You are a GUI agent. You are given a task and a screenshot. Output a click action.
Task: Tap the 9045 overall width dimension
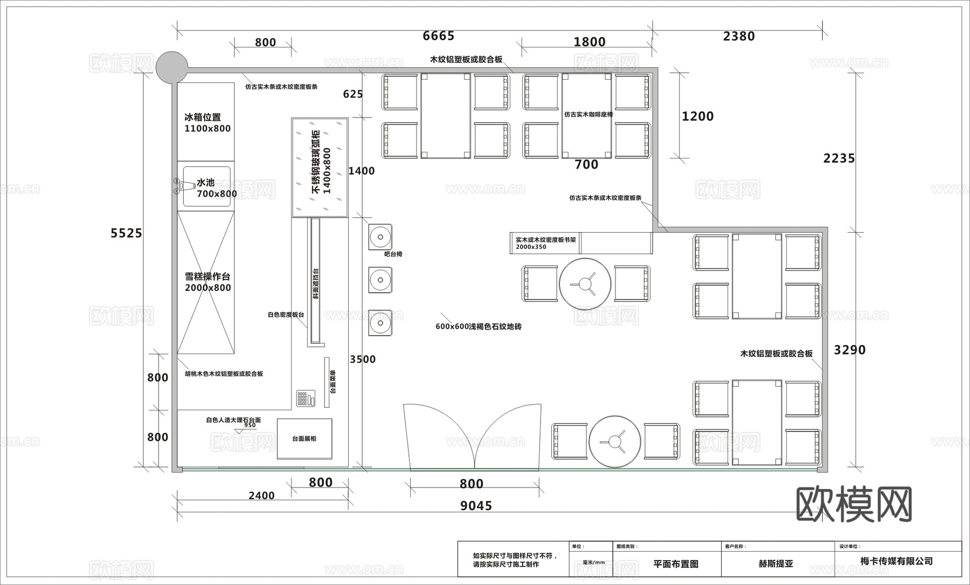pyautogui.click(x=476, y=506)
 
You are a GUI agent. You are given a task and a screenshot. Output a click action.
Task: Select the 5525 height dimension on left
pyautogui.click(x=126, y=233)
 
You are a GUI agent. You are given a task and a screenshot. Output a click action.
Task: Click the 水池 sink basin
pyautogui.click(x=207, y=187)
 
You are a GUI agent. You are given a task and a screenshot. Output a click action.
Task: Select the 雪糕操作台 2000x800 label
pyautogui.click(x=207, y=282)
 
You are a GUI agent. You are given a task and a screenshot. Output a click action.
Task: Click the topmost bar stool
pyautogui.click(x=380, y=236)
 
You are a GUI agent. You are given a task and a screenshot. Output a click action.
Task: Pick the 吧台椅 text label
pyautogui.click(x=393, y=254)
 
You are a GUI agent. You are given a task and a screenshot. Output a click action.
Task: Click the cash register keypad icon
pyautogui.click(x=305, y=399)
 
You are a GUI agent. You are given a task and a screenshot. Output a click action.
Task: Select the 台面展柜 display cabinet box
pyautogui.click(x=304, y=439)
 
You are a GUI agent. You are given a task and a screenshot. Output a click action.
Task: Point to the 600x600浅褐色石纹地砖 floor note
pyautogui.click(x=479, y=326)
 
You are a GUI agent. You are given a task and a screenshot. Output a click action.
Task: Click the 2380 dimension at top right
pyautogui.click(x=738, y=36)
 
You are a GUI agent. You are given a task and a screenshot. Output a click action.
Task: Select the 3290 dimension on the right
pyautogui.click(x=849, y=350)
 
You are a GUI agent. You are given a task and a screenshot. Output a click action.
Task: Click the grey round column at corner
pyautogui.click(x=171, y=67)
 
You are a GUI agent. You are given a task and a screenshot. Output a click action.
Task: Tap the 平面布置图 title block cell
pyautogui.click(x=676, y=564)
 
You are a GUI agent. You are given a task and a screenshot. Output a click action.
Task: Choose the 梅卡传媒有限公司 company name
pyautogui.click(x=896, y=561)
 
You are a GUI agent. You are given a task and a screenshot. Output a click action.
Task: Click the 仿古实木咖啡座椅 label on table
pyautogui.click(x=588, y=114)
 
